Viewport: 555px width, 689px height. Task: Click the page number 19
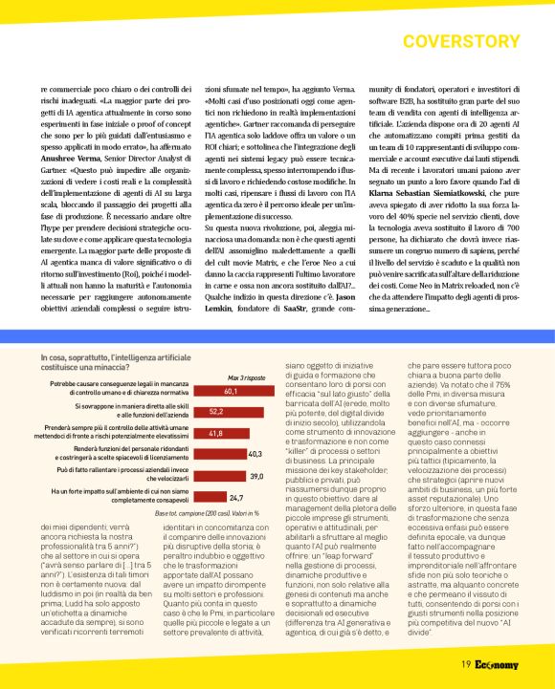tap(464, 665)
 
